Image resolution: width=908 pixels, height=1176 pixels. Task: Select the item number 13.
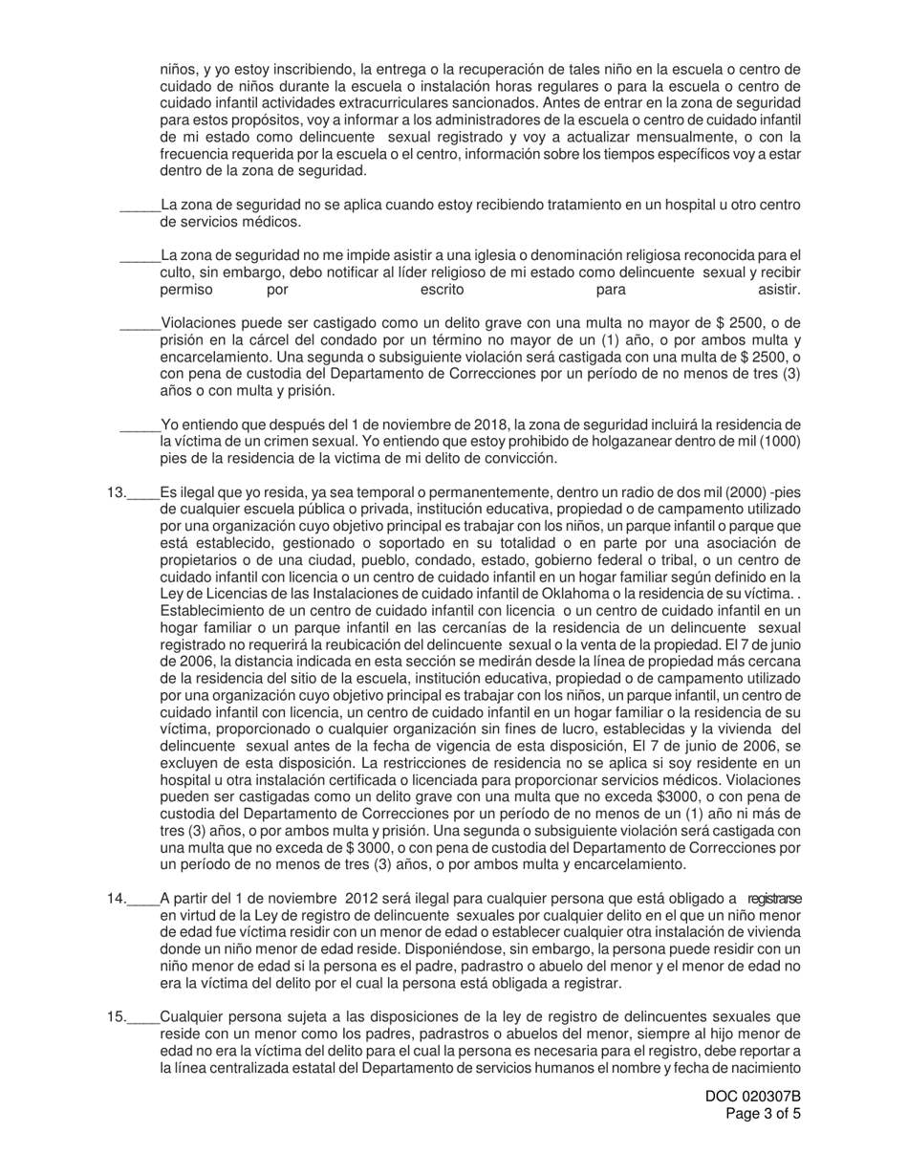point(117,492)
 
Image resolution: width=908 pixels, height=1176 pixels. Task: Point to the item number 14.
point(117,899)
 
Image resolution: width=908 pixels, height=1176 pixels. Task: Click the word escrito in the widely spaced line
point(443,290)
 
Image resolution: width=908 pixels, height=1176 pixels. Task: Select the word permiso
point(186,290)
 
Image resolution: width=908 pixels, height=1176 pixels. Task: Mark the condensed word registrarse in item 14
point(774,899)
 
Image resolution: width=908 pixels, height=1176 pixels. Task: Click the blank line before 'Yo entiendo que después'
point(140,425)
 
